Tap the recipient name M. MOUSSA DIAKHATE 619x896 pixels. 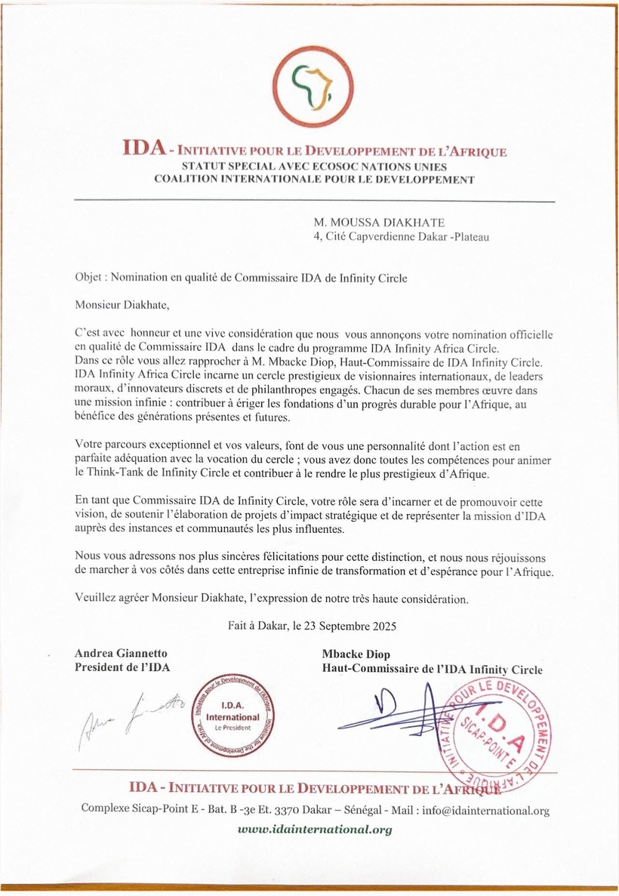pos(379,223)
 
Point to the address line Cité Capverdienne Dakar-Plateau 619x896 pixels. pos(401,237)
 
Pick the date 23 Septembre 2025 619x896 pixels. pos(355,626)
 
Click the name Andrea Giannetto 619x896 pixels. pos(121,653)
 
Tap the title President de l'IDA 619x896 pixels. pos(122,667)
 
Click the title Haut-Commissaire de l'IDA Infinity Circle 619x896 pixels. pos(432,669)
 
